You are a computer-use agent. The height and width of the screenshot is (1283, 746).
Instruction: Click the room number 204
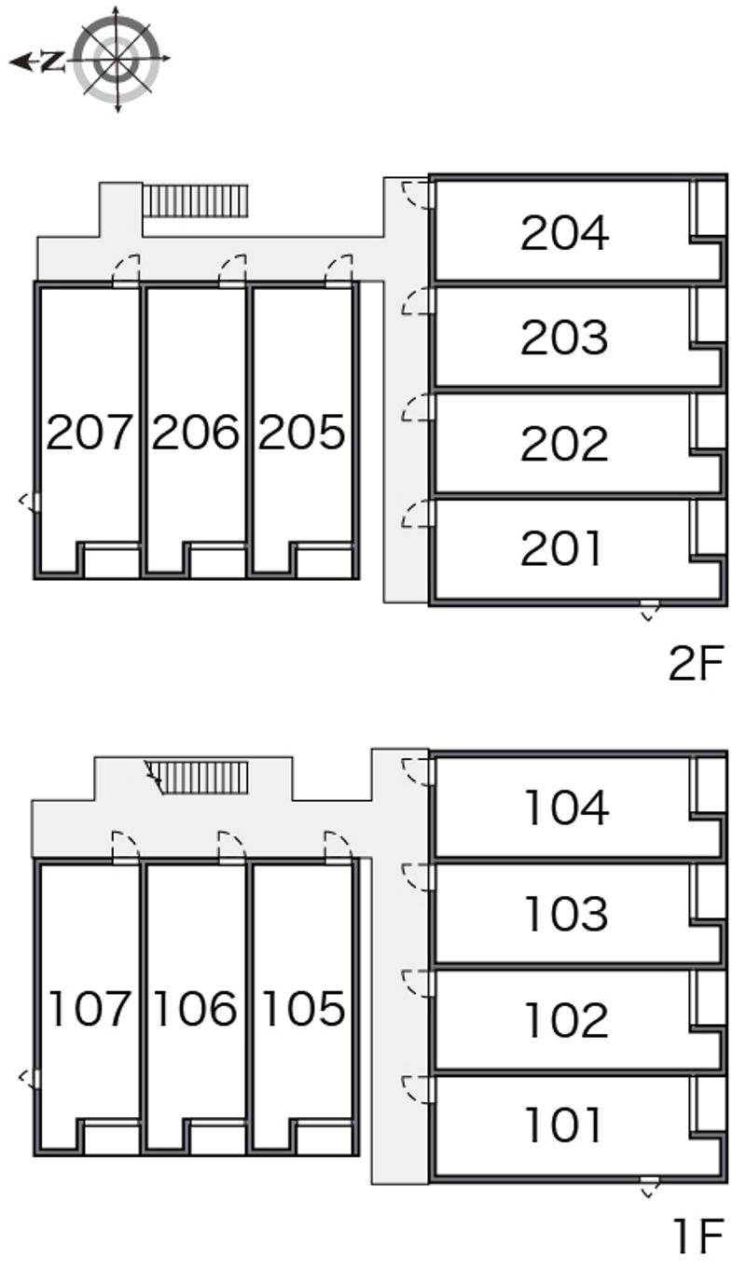tap(564, 233)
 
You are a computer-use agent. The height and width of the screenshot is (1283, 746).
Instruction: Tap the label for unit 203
tap(564, 338)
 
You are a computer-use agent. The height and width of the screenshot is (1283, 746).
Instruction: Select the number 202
tap(564, 444)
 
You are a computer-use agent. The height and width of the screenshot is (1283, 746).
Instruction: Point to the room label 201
tap(561, 548)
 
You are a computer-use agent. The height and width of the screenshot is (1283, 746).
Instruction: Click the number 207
tap(90, 432)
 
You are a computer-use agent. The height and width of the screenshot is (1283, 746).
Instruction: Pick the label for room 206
tap(196, 432)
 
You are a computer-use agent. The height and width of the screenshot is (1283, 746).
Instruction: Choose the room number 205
tap(302, 432)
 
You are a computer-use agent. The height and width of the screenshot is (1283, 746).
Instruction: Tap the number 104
tap(567, 807)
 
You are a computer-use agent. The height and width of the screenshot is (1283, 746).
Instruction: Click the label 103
tap(567, 914)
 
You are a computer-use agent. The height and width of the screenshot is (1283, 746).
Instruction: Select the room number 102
tap(567, 1020)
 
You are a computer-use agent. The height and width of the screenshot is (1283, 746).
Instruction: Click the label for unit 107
tap(90, 1008)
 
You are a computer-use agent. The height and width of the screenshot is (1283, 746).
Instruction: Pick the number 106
tap(196, 1008)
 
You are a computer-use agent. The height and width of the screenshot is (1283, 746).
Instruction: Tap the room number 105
tap(304, 1008)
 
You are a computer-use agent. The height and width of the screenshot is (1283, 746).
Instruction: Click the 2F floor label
tap(697, 663)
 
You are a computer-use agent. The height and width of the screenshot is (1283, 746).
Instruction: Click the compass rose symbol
tap(117, 59)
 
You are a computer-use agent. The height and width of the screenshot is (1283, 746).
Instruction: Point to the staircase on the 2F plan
tap(196, 201)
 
